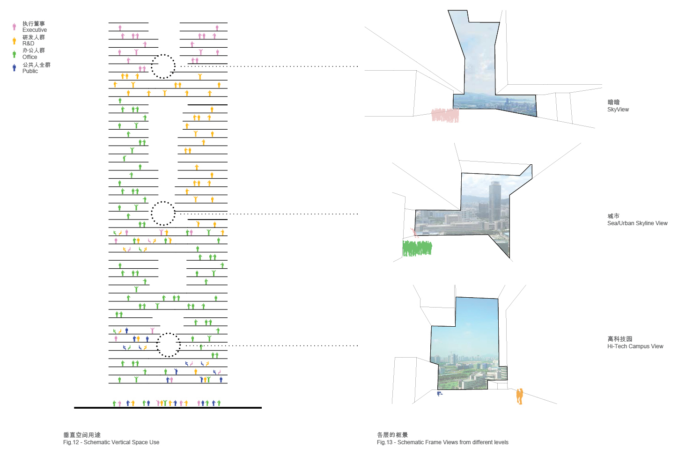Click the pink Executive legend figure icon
coord(14,27)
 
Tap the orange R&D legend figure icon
coord(14,40)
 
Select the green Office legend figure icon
coord(14,54)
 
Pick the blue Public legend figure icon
coord(14,68)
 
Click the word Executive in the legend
coord(34,30)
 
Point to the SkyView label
coord(618,110)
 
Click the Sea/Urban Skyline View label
coord(637,223)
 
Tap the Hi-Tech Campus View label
coord(635,346)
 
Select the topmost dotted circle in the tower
coord(163,66)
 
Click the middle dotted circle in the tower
coord(162,213)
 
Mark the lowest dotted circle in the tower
coord(168,345)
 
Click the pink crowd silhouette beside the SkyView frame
coord(445,115)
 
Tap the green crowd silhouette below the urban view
coord(417,248)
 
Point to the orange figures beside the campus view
coord(519,396)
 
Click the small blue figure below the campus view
coord(439,394)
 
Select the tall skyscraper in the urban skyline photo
coord(494,201)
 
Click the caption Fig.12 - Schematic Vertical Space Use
coord(111,442)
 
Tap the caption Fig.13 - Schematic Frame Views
coord(442,442)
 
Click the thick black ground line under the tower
coord(168,408)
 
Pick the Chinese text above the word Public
coord(36,65)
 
